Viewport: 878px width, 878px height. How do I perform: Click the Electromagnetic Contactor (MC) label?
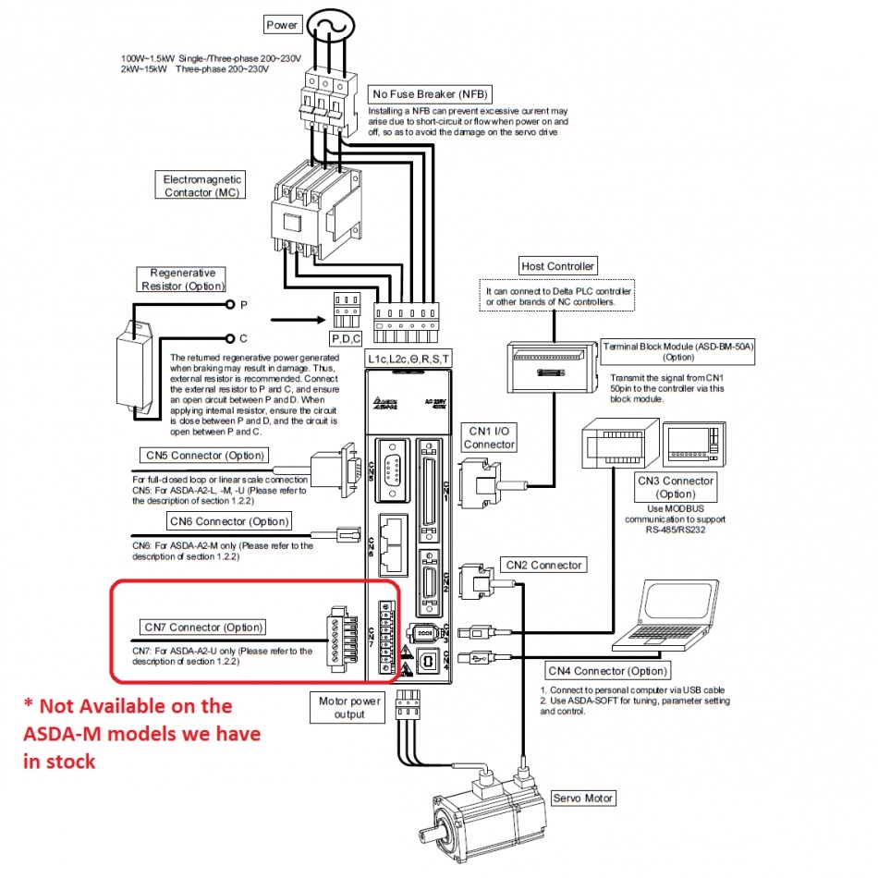(x=202, y=185)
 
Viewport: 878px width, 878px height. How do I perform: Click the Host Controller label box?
(x=557, y=266)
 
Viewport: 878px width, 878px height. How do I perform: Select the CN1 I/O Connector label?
(x=489, y=437)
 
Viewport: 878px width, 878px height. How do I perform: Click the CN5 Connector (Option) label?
(x=205, y=455)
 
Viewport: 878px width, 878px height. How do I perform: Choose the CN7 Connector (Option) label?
(x=203, y=628)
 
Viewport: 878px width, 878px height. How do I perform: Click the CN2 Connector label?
(x=543, y=565)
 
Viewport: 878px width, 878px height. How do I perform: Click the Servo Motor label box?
(x=582, y=798)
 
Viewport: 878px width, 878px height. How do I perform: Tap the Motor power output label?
(x=348, y=707)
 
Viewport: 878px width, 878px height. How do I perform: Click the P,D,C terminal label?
(x=347, y=338)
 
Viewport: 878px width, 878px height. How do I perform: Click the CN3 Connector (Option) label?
(x=676, y=487)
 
